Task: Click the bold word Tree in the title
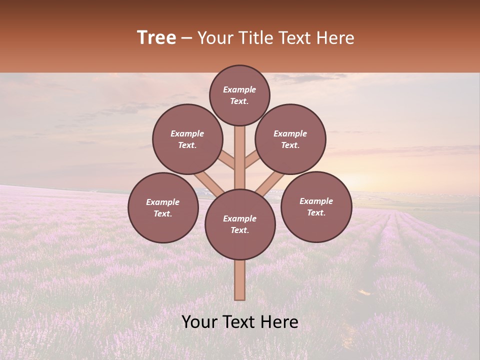pos(156,37)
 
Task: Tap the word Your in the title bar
pos(216,37)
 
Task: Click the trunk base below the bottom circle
pos(240,280)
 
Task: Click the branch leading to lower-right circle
pos(270,184)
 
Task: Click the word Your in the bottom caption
pos(199,322)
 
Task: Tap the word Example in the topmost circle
pos(239,90)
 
